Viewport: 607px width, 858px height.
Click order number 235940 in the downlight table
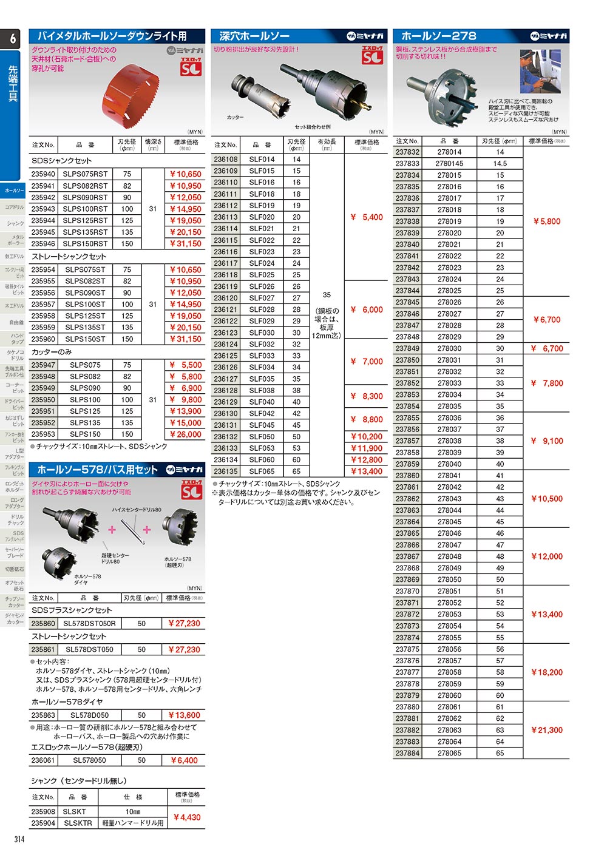(43, 174)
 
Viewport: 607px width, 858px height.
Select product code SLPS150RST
(85, 244)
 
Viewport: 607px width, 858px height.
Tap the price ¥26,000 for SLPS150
(185, 434)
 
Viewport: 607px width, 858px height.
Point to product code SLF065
(262, 471)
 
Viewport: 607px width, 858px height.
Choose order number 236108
(226, 160)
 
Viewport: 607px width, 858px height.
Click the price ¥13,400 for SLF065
(367, 471)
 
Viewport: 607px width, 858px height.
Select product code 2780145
(449, 164)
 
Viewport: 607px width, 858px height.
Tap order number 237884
(407, 754)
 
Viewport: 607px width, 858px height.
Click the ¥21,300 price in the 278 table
(546, 731)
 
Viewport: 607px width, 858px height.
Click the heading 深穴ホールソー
(254, 36)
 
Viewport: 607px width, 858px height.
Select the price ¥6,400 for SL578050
(185, 760)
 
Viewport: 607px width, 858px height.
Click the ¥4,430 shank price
(187, 817)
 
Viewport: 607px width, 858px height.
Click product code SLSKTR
(78, 823)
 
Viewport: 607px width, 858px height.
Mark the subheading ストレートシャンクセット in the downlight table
(69, 257)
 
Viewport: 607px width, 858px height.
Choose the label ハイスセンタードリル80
(137, 510)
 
